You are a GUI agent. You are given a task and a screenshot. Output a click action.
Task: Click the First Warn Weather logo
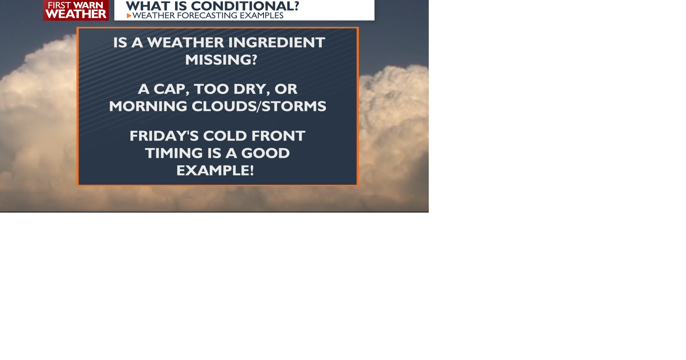[x=76, y=10]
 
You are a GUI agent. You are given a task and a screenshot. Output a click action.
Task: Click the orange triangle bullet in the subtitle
[x=129, y=16]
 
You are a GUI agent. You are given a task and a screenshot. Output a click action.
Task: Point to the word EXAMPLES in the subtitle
[x=262, y=16]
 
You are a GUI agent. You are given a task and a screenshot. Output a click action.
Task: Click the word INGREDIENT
[x=277, y=42]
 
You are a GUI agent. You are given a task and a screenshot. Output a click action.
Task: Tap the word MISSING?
[x=221, y=60]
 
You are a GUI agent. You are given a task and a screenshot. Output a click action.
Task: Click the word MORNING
[x=148, y=106]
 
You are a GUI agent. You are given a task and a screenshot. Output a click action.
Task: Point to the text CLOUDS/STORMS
[x=259, y=106]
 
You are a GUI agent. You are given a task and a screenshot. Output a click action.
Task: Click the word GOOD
[x=265, y=153]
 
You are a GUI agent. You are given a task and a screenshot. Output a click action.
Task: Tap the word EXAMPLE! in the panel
[x=215, y=170]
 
